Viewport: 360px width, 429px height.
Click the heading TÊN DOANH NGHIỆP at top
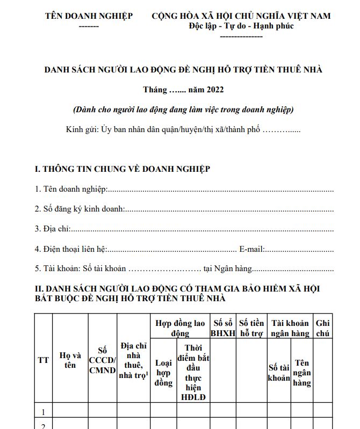[x=89, y=16]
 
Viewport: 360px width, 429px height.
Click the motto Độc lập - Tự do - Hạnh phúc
[x=241, y=26]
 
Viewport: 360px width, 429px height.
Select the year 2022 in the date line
[x=214, y=89]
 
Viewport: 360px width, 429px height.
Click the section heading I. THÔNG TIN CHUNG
[x=122, y=169]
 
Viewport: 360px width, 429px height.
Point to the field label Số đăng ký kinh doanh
[x=80, y=209]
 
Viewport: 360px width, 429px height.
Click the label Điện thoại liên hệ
[x=71, y=249]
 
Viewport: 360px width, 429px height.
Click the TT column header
[x=43, y=360]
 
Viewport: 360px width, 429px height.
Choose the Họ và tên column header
[x=70, y=360]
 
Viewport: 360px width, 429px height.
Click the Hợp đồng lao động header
[x=180, y=328]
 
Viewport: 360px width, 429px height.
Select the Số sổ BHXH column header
[x=222, y=328]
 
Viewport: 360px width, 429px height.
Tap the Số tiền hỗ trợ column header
[x=251, y=328]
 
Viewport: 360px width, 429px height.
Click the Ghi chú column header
[x=323, y=328]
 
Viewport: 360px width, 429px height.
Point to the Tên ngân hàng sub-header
[x=302, y=373]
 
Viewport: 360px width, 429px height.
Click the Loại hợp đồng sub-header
[x=163, y=373]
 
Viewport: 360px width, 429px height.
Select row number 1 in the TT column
[x=43, y=412]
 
